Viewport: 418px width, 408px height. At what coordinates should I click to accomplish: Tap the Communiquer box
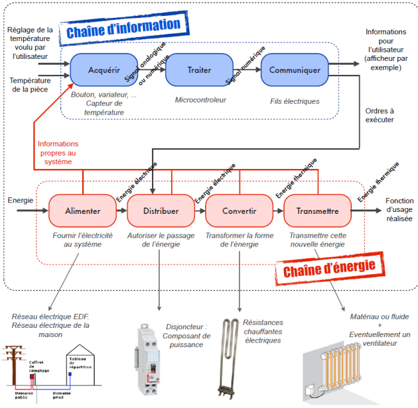click(295, 69)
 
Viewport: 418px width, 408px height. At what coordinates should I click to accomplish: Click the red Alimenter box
click(83, 211)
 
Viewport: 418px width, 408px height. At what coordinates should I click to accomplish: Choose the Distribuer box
click(161, 211)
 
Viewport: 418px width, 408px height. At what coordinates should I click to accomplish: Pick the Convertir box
click(240, 211)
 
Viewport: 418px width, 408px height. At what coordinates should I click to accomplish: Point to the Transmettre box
click(317, 211)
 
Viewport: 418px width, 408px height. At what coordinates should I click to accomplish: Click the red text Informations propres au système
click(58, 152)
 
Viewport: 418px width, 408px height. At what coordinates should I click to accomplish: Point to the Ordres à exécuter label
click(380, 115)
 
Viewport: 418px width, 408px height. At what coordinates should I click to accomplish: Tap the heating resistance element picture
click(232, 358)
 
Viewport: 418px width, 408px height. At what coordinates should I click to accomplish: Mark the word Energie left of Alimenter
click(20, 200)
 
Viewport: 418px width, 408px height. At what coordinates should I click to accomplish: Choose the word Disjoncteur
click(187, 327)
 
